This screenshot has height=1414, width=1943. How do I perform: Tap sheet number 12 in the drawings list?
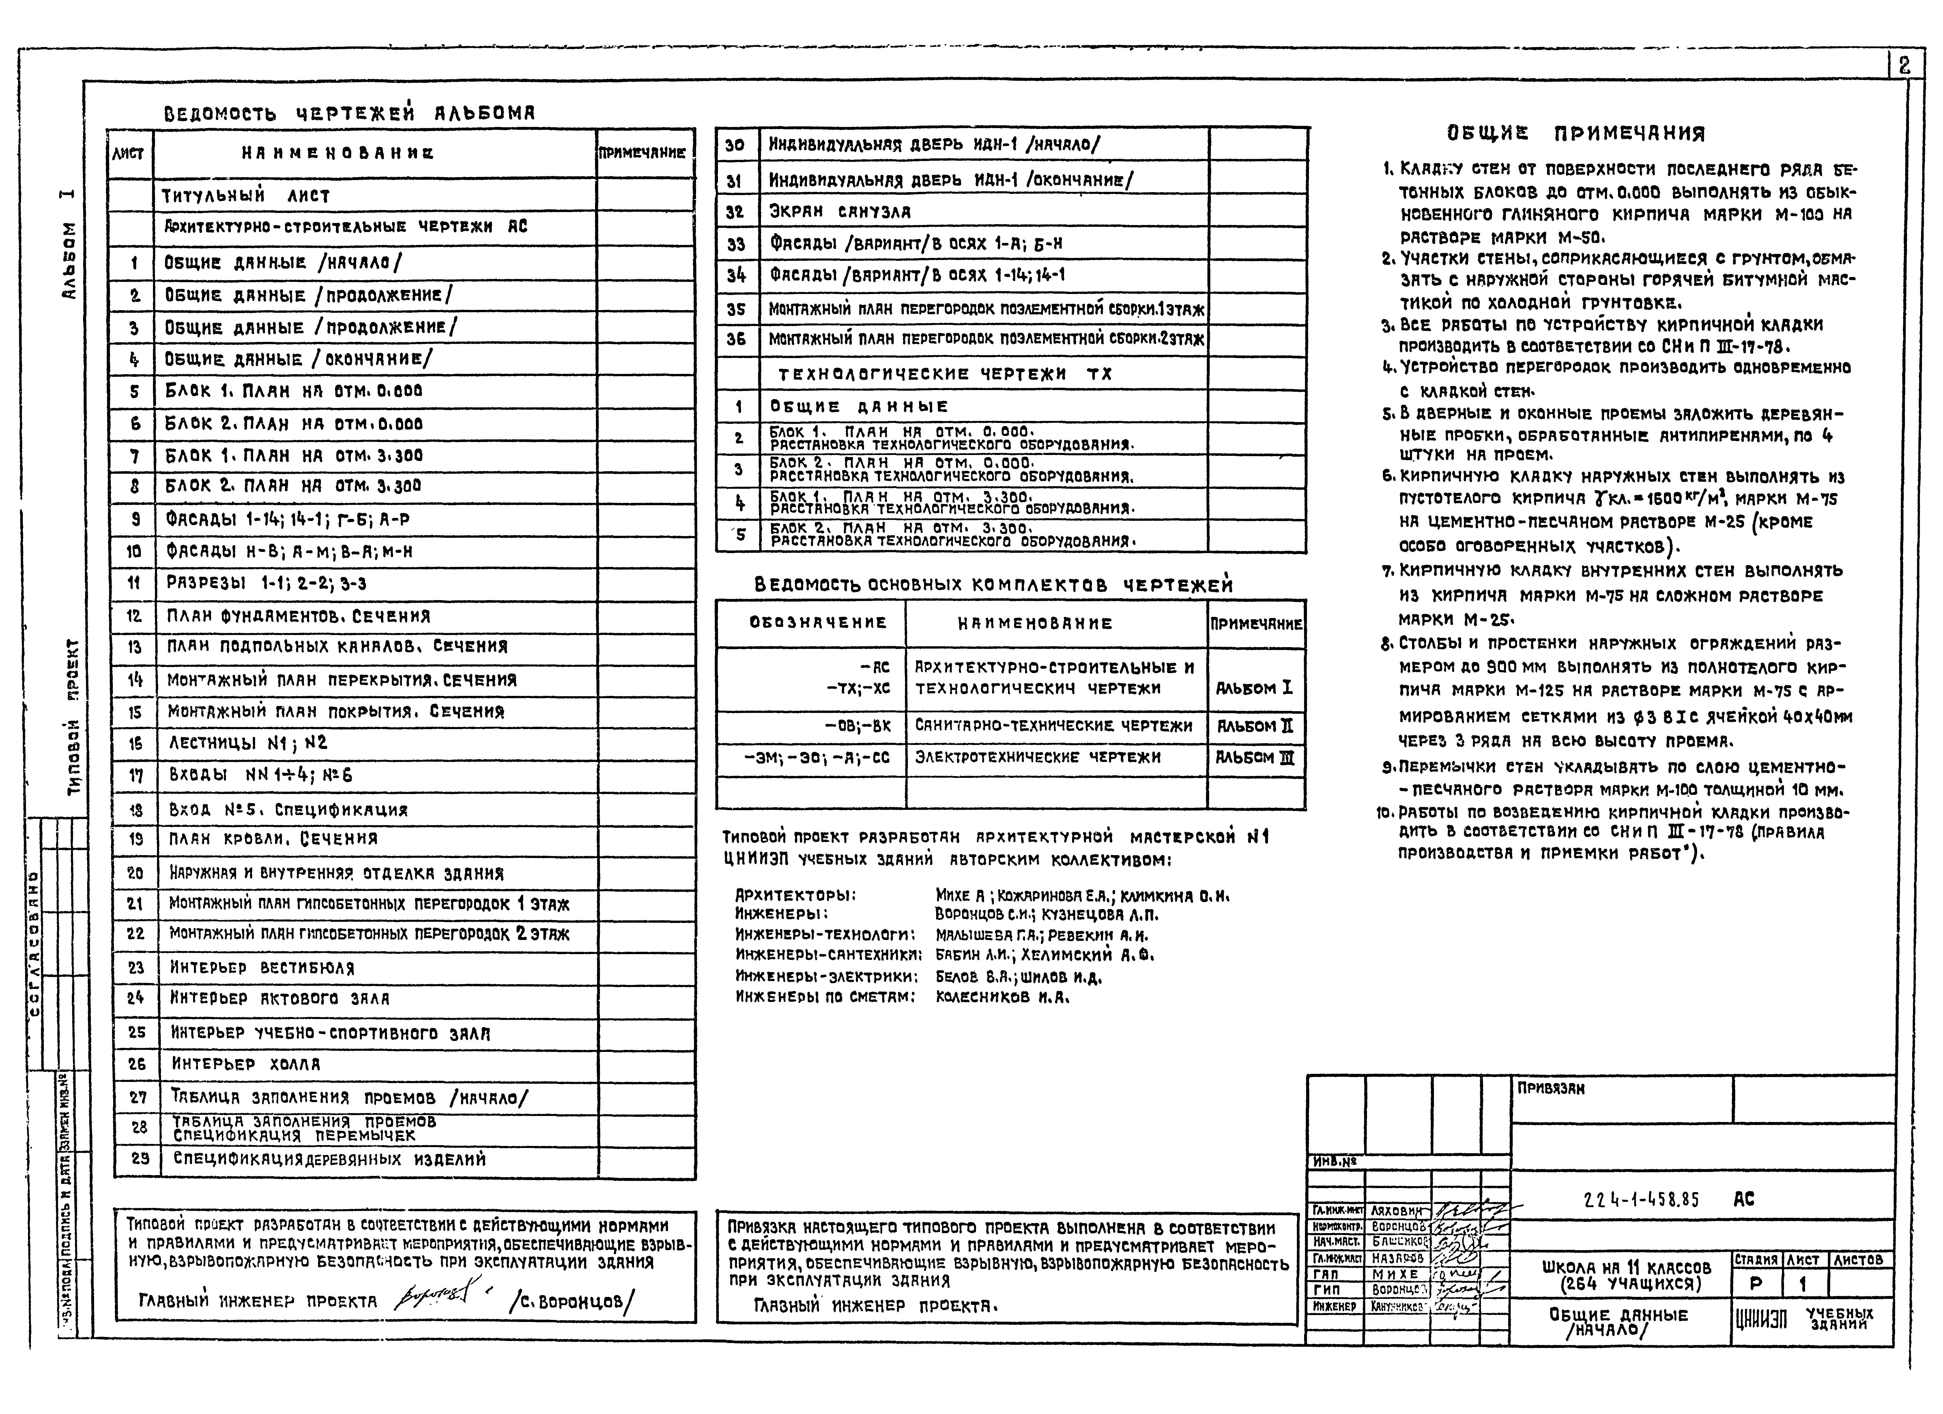pos(134,616)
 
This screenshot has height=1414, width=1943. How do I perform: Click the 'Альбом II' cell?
pos(1254,726)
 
